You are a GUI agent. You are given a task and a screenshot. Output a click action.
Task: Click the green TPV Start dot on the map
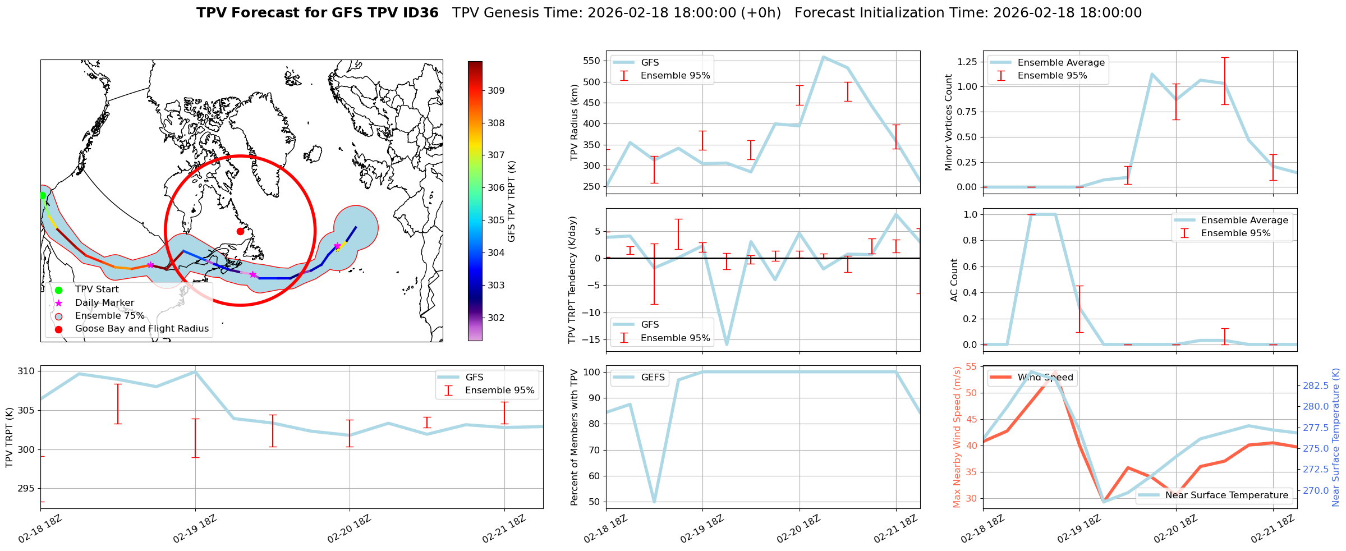43,195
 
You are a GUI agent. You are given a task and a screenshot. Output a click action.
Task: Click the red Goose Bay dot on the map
240,231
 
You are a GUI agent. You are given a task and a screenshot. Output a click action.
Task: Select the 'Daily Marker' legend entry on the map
104,303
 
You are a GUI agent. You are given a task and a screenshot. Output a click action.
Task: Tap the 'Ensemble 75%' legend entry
109,316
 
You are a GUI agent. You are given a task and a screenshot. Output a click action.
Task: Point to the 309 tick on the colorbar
496,90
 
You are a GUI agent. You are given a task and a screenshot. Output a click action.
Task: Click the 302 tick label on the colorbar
496,318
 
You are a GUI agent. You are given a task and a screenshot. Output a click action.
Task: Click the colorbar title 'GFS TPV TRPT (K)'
511,201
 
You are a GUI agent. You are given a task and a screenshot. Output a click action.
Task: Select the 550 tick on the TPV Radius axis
591,61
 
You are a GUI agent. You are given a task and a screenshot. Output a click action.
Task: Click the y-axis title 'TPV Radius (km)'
574,122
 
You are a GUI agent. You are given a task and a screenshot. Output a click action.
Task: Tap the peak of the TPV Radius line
823,57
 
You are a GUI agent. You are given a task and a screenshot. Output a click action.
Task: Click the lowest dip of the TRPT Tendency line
727,344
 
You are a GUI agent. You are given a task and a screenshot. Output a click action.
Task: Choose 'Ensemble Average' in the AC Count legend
1244,221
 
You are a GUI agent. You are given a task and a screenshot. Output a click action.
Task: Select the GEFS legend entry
653,378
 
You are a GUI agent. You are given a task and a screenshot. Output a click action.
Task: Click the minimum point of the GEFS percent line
654,502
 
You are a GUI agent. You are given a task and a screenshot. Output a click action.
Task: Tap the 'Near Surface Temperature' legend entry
1226,495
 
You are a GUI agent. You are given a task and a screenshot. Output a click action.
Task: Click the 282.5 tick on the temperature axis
1315,385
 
